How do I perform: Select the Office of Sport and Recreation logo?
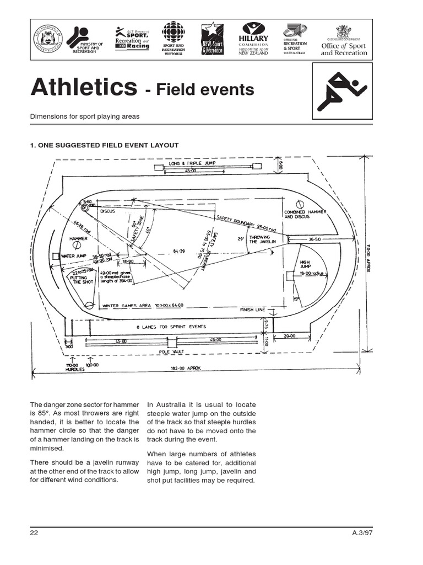click(x=344, y=41)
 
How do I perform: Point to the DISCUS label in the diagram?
click(x=107, y=210)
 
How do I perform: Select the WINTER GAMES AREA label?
click(x=142, y=305)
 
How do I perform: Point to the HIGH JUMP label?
click(x=306, y=265)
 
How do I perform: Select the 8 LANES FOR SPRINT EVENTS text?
click(x=171, y=327)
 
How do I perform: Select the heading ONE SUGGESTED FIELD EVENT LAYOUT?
click(x=105, y=145)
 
